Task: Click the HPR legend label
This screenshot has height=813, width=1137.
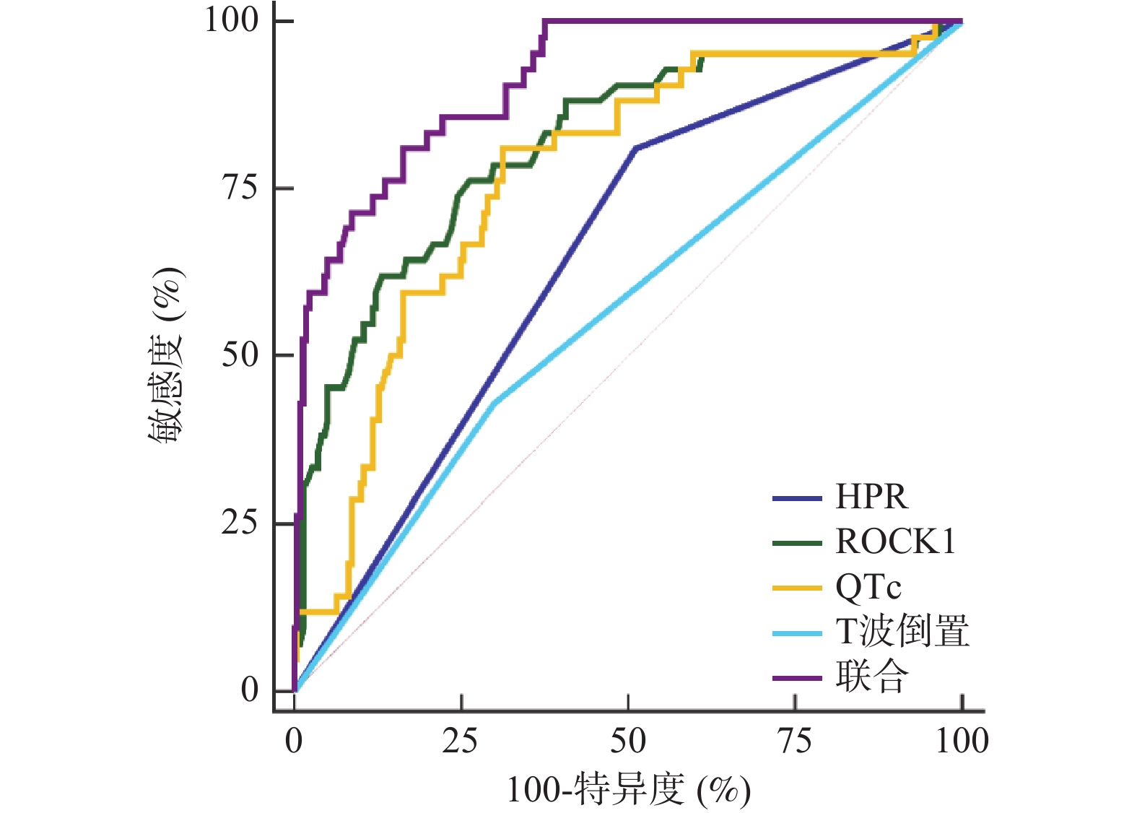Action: pos(871,497)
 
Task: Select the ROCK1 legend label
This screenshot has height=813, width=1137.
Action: pos(895,542)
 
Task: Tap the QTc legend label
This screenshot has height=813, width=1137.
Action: pos(868,587)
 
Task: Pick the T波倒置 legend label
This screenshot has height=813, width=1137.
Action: pos(902,632)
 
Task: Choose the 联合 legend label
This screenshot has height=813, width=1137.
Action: pos(871,677)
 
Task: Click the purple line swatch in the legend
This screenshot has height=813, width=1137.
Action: pos(797,678)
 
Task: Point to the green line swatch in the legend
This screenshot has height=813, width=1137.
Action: pos(797,543)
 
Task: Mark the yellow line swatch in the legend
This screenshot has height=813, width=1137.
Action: pos(797,588)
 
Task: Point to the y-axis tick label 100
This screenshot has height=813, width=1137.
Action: pos(232,20)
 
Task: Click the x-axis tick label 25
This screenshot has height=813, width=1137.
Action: pos(461,741)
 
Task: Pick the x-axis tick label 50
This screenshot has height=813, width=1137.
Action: pos(628,741)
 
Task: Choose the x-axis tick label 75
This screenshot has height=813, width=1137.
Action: pos(795,741)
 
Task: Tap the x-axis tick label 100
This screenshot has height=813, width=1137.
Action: pos(962,741)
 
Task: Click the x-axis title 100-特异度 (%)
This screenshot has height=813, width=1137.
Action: pos(628,790)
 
